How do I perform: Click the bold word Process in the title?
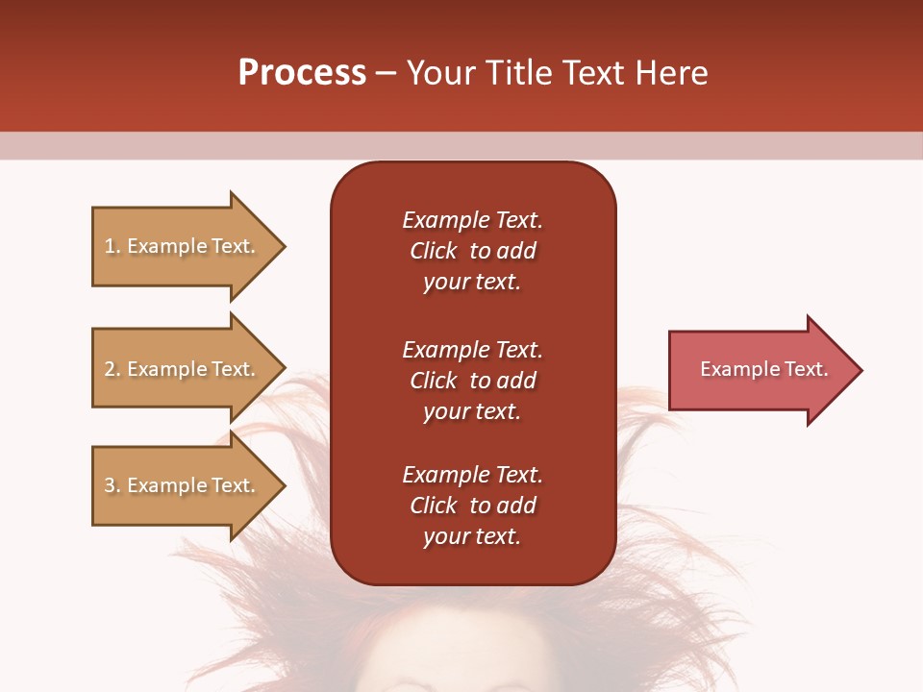pos(302,73)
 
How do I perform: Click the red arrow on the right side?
pos(760,370)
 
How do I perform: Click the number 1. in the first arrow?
pos(112,246)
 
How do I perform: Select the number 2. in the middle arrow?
pos(112,369)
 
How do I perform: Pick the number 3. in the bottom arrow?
pos(112,485)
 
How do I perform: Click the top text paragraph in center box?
pos(472,251)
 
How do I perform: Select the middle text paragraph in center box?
pos(472,381)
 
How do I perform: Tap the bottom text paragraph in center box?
pos(472,506)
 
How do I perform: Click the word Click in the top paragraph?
pos(433,251)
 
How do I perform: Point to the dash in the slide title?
pos(387,74)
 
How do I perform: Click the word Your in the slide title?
pos(437,73)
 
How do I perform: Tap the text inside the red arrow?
pos(763,369)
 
